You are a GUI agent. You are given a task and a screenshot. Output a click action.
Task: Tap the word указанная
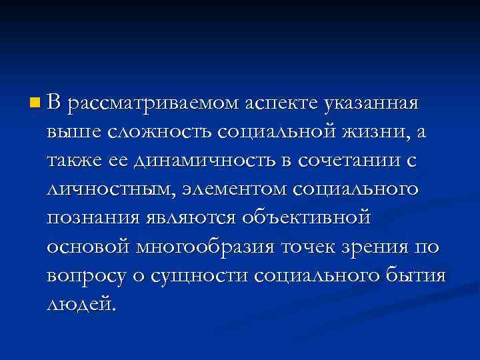[x=371, y=104]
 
